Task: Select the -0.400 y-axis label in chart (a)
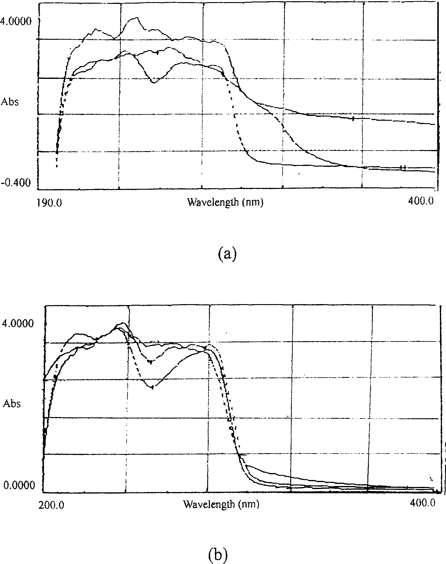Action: pos(16,183)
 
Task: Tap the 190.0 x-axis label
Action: pos(49,202)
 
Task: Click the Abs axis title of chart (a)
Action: pos(10,102)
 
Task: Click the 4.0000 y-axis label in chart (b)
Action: pos(17,324)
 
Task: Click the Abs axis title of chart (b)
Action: pos(12,404)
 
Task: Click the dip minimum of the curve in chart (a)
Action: pos(154,82)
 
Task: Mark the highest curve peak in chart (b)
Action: pos(122,323)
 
